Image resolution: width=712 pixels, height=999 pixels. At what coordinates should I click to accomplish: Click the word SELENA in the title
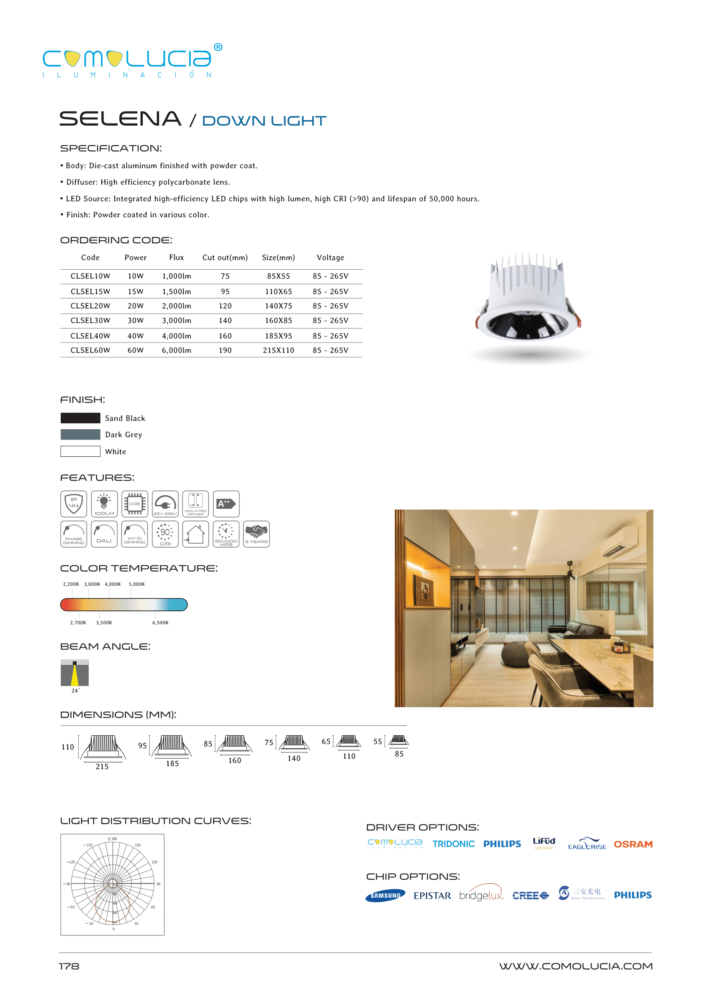[120, 119]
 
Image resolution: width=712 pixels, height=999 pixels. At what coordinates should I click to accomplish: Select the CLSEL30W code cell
[90, 321]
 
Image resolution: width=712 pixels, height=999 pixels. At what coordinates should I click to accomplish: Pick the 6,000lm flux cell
[176, 350]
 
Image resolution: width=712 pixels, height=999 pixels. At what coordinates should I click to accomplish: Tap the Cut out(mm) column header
[225, 257]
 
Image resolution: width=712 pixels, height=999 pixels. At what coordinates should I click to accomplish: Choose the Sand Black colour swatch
[80, 418]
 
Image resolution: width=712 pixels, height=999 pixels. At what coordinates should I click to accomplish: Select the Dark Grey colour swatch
[80, 435]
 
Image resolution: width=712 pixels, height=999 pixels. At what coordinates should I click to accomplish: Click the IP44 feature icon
[74, 504]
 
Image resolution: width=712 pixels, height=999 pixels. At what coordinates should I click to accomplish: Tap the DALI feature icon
[104, 534]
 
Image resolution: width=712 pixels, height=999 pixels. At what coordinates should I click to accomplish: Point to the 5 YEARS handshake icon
[257, 534]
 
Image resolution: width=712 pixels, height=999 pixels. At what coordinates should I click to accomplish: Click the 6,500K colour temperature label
[160, 623]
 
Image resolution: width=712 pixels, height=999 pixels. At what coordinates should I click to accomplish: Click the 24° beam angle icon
[75, 673]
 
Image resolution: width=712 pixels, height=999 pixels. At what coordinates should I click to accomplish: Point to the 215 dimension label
[102, 767]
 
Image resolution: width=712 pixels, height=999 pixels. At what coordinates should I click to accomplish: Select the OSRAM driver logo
[633, 844]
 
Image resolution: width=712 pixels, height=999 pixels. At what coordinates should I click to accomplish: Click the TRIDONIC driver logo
[454, 844]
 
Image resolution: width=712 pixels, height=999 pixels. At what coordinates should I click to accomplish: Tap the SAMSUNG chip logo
[386, 896]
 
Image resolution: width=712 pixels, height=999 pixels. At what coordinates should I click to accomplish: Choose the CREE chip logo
[530, 896]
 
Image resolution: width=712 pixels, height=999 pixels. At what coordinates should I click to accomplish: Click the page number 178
[69, 966]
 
